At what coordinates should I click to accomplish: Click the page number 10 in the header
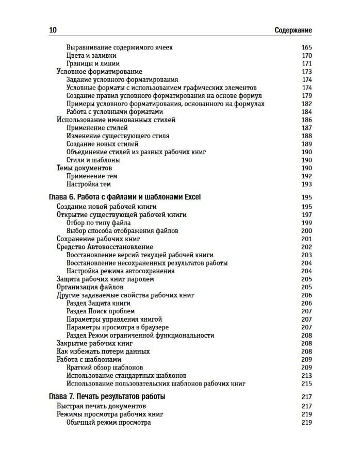click(x=53, y=30)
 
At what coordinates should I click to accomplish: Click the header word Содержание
click(x=293, y=30)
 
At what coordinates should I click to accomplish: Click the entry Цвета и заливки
click(x=91, y=56)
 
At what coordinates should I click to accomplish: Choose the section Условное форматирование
click(x=99, y=72)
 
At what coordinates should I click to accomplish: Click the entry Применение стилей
click(x=97, y=128)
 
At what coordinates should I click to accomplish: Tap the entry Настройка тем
click(x=89, y=184)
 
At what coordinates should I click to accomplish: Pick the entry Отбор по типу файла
click(x=99, y=223)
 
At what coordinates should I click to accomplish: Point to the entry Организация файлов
click(x=90, y=287)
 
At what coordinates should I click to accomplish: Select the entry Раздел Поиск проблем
click(x=101, y=311)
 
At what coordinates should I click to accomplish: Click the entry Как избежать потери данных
click(x=103, y=352)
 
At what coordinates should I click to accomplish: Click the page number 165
click(x=307, y=47)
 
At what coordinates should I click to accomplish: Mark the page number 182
click(x=307, y=104)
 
